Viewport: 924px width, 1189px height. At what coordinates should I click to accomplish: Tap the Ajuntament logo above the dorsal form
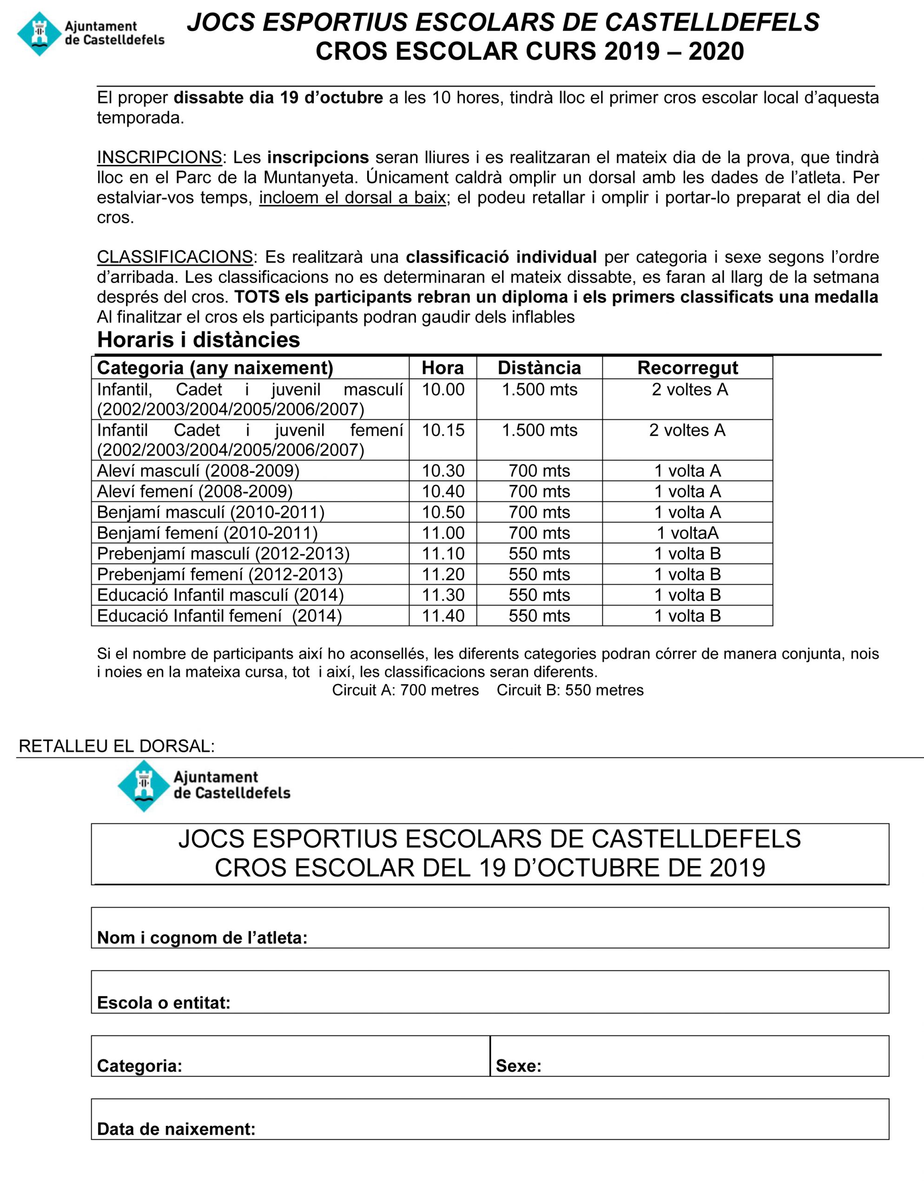point(203,785)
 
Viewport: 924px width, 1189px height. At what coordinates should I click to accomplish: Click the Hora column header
point(442,368)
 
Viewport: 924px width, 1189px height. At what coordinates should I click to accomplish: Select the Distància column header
point(539,368)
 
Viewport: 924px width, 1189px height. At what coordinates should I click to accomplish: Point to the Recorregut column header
point(687,368)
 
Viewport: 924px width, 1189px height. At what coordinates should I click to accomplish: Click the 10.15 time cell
point(443,430)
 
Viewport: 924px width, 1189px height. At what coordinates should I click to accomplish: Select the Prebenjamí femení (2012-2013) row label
point(219,575)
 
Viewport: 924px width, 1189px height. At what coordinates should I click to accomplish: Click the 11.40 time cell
point(443,616)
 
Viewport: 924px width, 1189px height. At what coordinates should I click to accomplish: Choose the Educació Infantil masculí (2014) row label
point(220,595)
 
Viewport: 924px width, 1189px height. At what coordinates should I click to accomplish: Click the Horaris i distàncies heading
point(198,340)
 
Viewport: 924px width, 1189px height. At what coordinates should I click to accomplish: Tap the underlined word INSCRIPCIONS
point(159,157)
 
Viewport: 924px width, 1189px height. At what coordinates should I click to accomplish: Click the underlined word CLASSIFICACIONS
point(174,257)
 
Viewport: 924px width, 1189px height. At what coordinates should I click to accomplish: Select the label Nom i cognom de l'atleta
point(202,937)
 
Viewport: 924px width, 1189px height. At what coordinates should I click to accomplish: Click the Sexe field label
point(518,1065)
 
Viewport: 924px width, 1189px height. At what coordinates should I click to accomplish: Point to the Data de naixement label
point(176,1129)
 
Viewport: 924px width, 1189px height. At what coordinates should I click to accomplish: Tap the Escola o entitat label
point(164,1002)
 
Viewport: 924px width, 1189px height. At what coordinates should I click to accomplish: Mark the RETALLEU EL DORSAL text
point(117,746)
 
